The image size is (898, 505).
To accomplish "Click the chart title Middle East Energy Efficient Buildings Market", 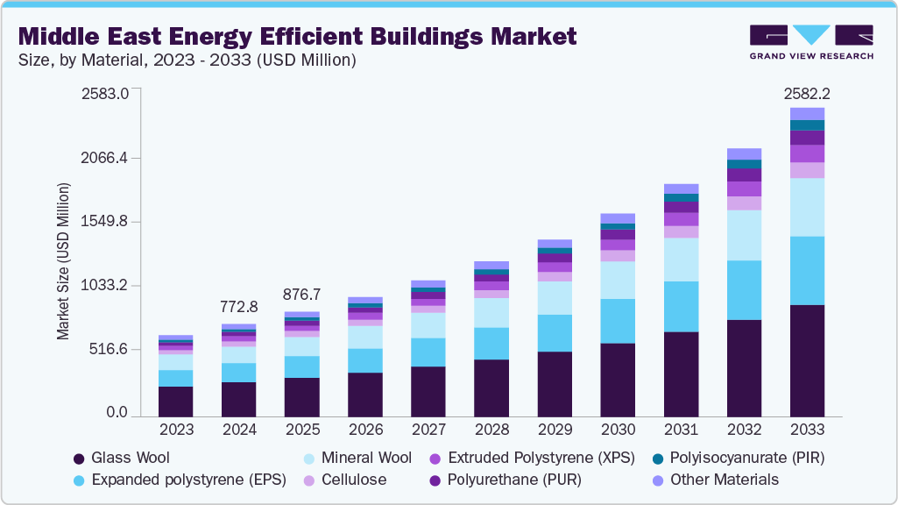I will tap(298, 36).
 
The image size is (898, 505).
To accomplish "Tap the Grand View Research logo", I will tap(810, 42).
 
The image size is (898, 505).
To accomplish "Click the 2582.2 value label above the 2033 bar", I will tap(807, 93).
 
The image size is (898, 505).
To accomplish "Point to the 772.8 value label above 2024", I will tap(238, 307).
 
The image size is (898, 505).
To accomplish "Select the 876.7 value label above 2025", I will tap(302, 295).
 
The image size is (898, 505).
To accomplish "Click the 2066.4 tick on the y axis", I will tap(104, 158).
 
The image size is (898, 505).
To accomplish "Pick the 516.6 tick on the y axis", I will tap(108, 350).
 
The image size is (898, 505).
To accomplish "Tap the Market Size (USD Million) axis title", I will tap(63, 262).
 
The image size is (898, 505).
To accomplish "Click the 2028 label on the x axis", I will tap(491, 430).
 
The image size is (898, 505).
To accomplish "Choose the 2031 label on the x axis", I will tap(681, 430).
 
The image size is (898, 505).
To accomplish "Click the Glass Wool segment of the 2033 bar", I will tap(807, 360).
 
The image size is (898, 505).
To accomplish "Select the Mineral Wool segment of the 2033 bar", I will tap(807, 207).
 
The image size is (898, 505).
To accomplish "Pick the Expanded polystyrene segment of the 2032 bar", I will tap(744, 290).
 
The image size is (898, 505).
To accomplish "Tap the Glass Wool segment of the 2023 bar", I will tap(175, 401).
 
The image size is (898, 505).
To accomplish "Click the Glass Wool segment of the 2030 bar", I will tap(618, 380).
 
